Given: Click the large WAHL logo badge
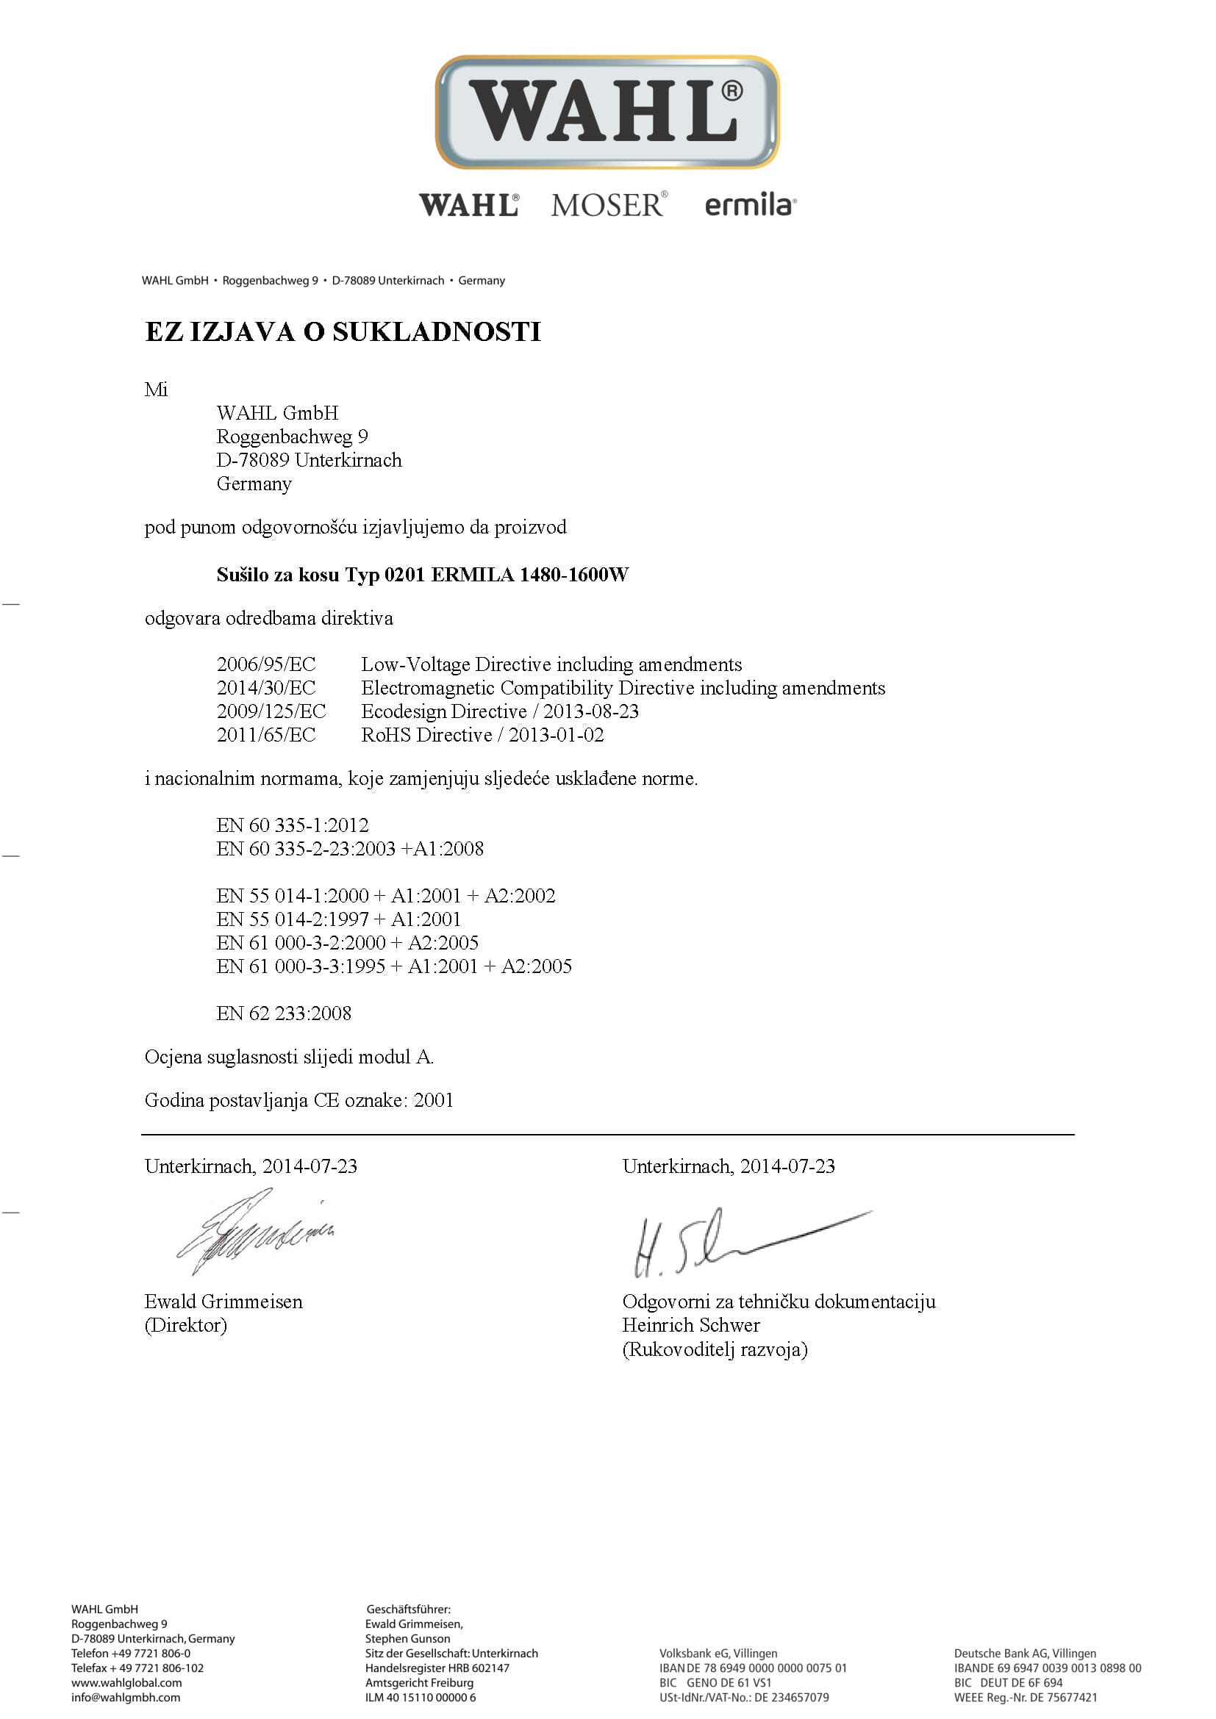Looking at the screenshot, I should pyautogui.click(x=607, y=112).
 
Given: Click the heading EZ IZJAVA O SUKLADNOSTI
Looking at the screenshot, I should pyautogui.click(x=342, y=331).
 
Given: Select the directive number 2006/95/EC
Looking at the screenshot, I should pyautogui.click(x=266, y=664).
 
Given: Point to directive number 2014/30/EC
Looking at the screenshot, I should pyautogui.click(x=266, y=687).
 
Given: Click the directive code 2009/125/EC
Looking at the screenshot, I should pyautogui.click(x=271, y=711).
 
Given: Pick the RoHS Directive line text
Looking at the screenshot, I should pyautogui.click(x=482, y=734).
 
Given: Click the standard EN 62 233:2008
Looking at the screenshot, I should pyautogui.click(x=284, y=1013).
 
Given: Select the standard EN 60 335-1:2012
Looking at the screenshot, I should pyautogui.click(x=293, y=825).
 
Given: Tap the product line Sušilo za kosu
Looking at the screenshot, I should pyautogui.click(x=422, y=574).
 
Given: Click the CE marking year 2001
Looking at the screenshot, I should pyautogui.click(x=434, y=1100).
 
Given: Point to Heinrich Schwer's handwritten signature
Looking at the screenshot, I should pyautogui.click(x=741, y=1239).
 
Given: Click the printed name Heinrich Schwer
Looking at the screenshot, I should pyautogui.click(x=690, y=1324).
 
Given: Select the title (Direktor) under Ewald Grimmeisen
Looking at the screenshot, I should pyautogui.click(x=186, y=1324).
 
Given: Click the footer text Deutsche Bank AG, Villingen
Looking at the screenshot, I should pyautogui.click(x=1024, y=1653).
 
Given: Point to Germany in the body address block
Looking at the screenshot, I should pyautogui.click(x=254, y=483).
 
